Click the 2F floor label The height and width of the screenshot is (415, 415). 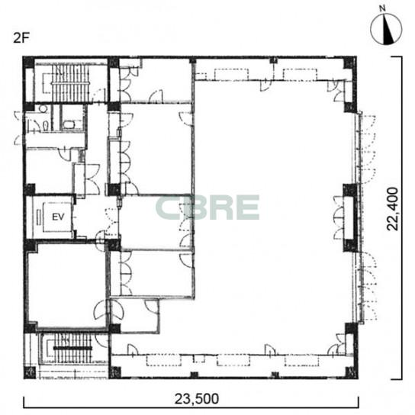pyautogui.click(x=21, y=38)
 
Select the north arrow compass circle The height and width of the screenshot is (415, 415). pyautogui.click(x=386, y=30)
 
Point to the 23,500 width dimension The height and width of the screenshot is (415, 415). pyautogui.click(x=197, y=398)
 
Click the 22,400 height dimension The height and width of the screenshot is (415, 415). pyautogui.click(x=392, y=209)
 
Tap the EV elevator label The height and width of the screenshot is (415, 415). pyautogui.click(x=58, y=217)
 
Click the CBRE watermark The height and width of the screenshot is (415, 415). pyautogui.click(x=207, y=207)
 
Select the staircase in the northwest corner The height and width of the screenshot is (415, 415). pyautogui.click(x=70, y=83)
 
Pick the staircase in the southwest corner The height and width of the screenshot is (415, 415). pyautogui.click(x=73, y=348)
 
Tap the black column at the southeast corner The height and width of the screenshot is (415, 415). pyautogui.click(x=352, y=372)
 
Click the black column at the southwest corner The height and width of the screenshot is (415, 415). pyautogui.click(x=30, y=372)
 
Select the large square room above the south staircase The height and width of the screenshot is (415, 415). pyautogui.click(x=67, y=285)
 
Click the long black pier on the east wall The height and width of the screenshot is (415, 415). pyautogui.click(x=351, y=218)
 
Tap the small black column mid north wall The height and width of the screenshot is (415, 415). pyautogui.click(x=273, y=60)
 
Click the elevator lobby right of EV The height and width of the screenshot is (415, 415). pyautogui.click(x=97, y=217)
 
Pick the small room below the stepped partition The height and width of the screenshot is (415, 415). pyautogui.click(x=135, y=315)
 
